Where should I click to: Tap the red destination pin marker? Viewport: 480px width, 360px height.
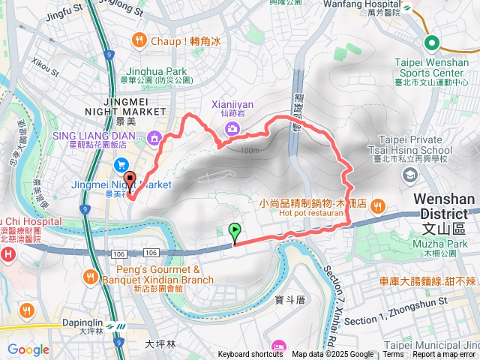pyautogui.click(x=129, y=181)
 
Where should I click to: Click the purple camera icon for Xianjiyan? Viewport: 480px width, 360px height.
pyautogui.click(x=232, y=128)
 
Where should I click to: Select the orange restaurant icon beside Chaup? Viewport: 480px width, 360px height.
pyautogui.click(x=139, y=40)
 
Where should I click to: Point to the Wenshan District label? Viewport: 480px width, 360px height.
pyautogui.click(x=445, y=206)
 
